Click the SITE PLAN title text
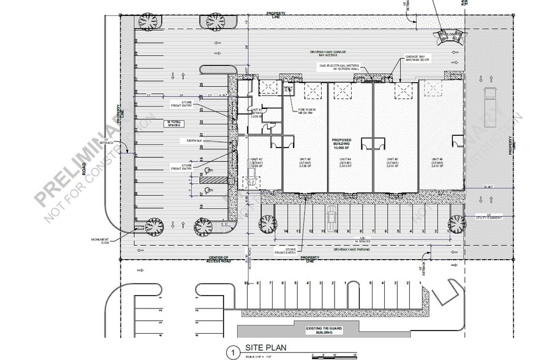click(266, 347)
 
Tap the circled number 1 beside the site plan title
click(232, 352)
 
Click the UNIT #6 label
click(436, 163)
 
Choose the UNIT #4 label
click(346, 163)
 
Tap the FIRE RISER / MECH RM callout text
click(306, 111)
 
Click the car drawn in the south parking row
click(331, 216)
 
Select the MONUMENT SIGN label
click(100, 240)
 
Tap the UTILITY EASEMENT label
click(488, 217)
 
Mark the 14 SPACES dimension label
click(361, 241)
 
